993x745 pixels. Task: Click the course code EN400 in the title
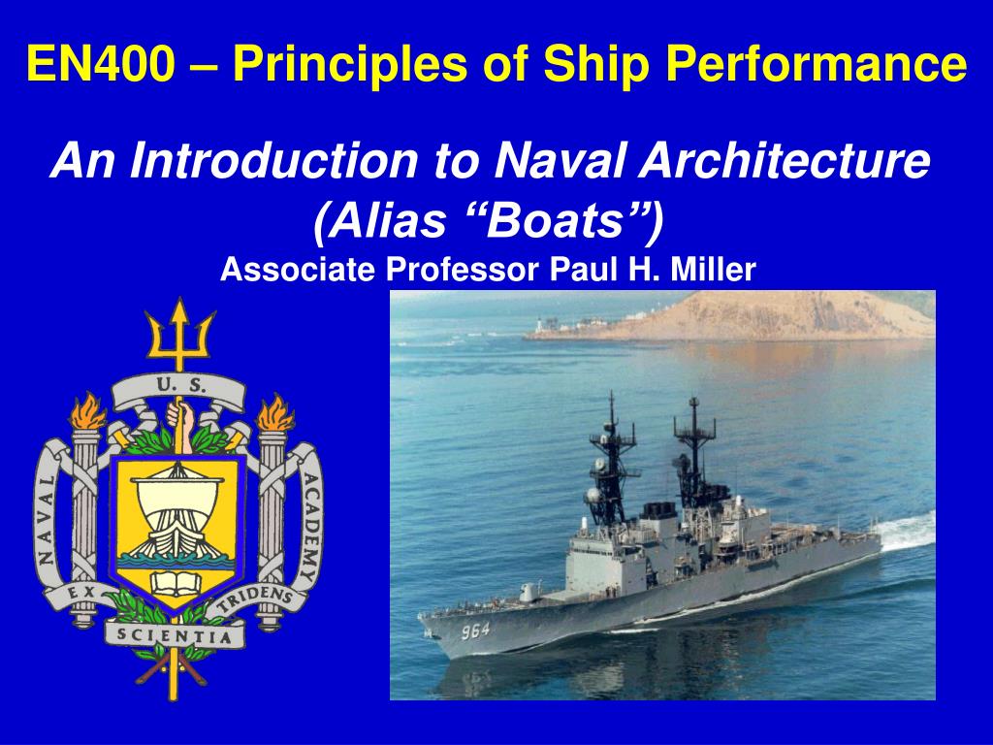[101, 63]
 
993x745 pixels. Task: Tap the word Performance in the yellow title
[817, 63]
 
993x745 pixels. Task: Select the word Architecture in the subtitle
[784, 160]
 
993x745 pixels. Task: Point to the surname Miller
[713, 269]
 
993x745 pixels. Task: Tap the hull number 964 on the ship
[475, 631]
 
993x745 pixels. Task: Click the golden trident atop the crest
[179, 335]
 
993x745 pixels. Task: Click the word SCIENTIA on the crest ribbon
[175, 634]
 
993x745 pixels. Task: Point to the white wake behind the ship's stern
[907, 531]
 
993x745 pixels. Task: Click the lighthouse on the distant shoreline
[539, 324]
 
